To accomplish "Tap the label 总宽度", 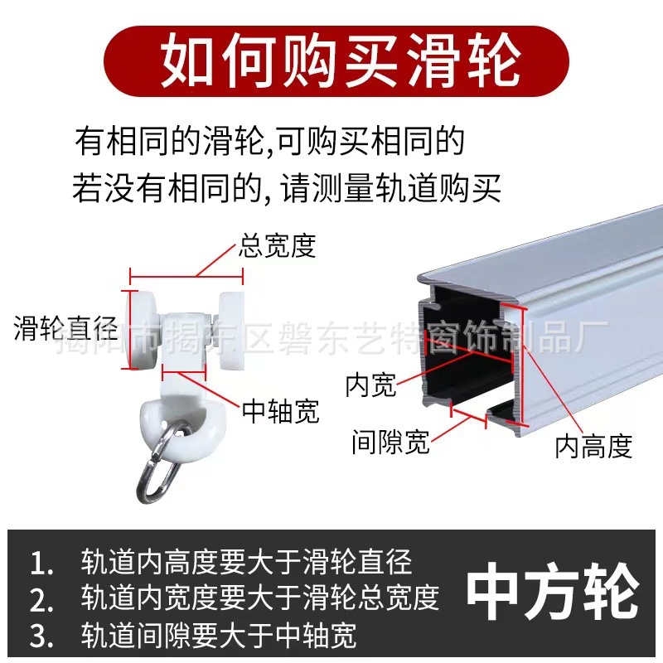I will click(x=278, y=246).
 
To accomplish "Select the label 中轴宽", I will click(x=281, y=411).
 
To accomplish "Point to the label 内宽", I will click(x=370, y=384).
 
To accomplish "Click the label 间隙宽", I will click(x=390, y=442).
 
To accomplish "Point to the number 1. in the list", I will click(x=41, y=563).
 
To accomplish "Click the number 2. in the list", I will click(x=41, y=598).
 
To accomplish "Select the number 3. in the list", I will click(x=41, y=635).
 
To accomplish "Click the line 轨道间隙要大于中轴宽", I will click(x=219, y=635).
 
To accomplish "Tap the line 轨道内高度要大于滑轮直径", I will click(x=246, y=563).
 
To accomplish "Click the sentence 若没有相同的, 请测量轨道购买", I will click(x=287, y=189).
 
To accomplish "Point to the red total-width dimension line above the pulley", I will click(x=184, y=275).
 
